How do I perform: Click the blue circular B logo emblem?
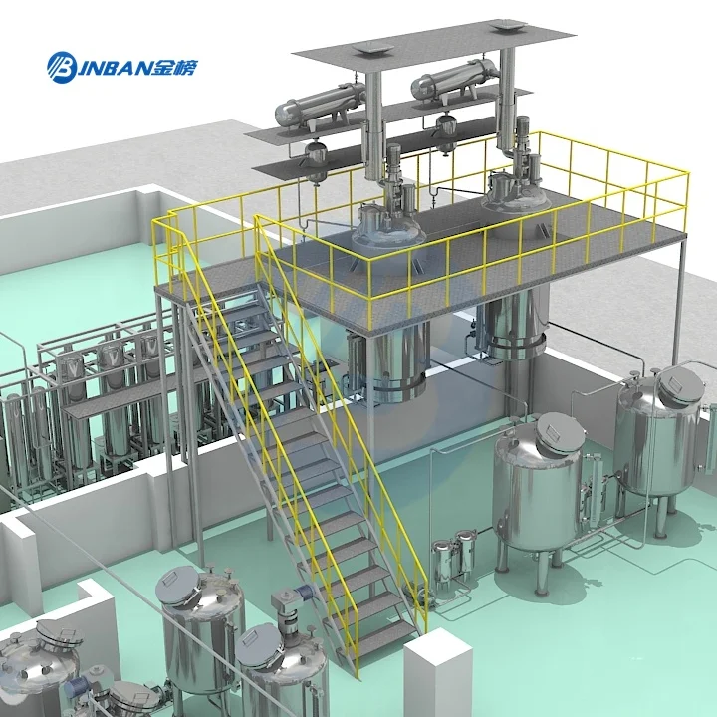(x=62, y=68)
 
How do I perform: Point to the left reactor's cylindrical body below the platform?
(x=388, y=362)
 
